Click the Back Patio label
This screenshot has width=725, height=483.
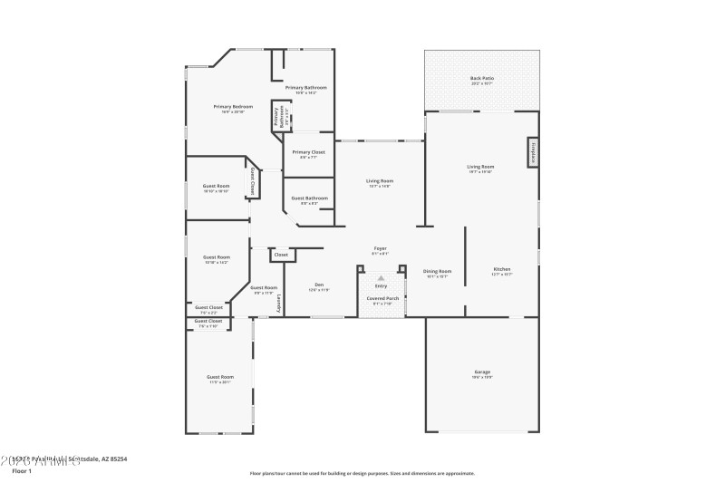coord(481,79)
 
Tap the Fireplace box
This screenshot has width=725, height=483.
coord(534,152)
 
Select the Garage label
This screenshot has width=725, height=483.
coord(481,372)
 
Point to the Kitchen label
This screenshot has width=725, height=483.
coord(502,269)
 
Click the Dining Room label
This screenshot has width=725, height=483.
coord(439,270)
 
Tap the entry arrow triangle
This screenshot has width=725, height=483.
coord(381,277)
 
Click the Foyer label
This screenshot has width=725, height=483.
coord(381,248)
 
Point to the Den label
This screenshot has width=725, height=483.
coord(319,285)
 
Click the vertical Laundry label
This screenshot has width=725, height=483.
coord(279,304)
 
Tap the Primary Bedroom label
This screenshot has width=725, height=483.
coord(233,107)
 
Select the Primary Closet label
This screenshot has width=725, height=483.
coord(308,152)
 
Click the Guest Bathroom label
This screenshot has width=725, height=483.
coord(308,198)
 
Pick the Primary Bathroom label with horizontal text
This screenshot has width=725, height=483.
coord(305,87)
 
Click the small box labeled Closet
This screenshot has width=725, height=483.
coord(281,255)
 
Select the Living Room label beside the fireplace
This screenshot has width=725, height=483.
coord(480,167)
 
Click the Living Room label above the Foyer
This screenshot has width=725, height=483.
coord(379,180)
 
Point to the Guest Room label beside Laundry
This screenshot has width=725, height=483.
coord(264,287)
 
